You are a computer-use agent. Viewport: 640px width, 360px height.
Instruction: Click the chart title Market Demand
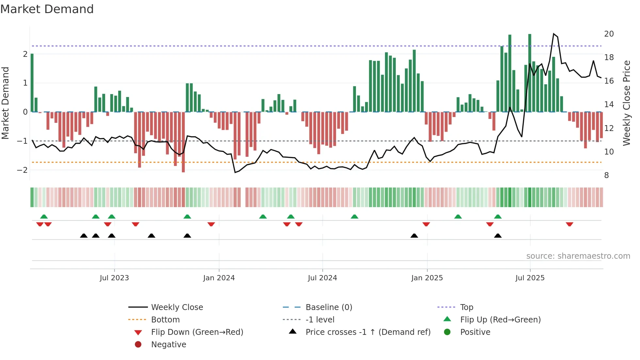point(47,9)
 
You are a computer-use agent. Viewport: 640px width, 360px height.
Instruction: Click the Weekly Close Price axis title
point(626,103)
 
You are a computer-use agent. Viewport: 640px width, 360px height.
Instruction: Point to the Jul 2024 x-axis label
point(322,278)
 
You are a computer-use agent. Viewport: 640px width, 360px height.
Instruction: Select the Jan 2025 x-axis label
point(427,278)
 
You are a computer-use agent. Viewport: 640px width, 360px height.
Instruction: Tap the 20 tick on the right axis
point(609,34)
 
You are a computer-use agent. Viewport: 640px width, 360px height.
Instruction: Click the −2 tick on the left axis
point(23,170)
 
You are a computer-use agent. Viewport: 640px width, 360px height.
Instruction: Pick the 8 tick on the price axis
point(606,175)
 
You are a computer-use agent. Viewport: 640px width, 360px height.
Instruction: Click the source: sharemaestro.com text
point(578,256)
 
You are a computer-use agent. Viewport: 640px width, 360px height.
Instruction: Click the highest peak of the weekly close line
point(554,34)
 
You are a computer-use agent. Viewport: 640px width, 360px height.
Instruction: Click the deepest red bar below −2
point(183,142)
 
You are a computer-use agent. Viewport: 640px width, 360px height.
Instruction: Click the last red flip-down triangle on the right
point(569,224)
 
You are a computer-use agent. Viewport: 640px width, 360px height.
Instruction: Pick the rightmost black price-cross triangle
point(498,236)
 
